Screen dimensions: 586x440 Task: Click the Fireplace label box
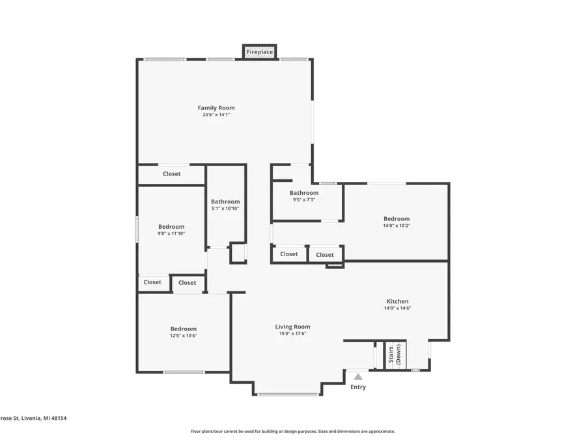(260, 52)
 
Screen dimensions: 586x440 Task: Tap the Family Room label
(216, 108)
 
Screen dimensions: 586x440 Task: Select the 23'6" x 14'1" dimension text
(216, 115)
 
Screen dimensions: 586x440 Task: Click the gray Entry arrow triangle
(358, 377)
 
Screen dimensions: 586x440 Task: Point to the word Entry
(358, 387)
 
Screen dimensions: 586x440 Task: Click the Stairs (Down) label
(395, 355)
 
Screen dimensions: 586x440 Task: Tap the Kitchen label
(398, 301)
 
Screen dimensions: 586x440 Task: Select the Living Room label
(292, 327)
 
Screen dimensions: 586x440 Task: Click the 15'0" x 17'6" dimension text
(292, 334)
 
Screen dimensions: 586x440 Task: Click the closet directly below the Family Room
(171, 174)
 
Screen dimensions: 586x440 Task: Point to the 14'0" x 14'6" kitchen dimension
(398, 308)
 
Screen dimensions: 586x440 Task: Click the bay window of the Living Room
(287, 394)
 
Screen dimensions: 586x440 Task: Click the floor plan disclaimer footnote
(292, 432)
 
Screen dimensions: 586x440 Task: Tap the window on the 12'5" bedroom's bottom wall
(184, 372)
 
